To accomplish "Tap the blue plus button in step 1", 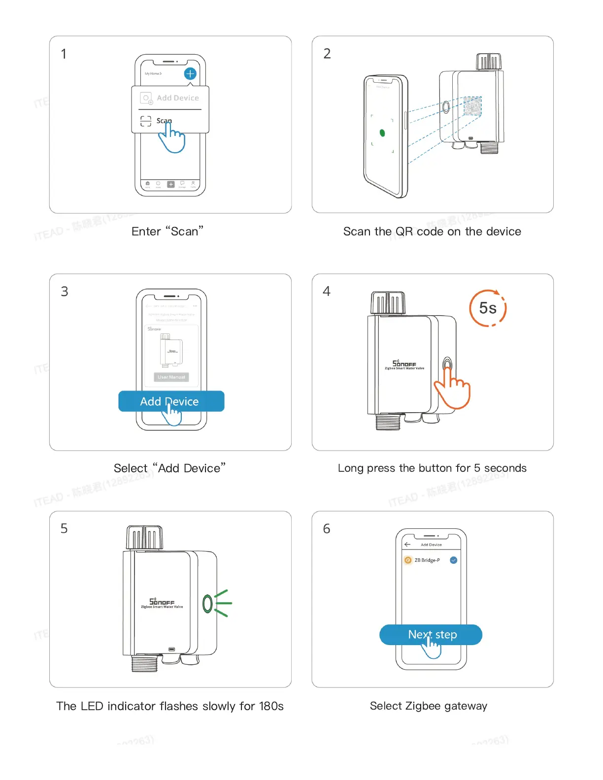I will (x=190, y=74).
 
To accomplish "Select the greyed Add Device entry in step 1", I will (x=177, y=98).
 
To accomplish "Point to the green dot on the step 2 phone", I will (x=382, y=133).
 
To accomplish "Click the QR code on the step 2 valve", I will (x=472, y=106).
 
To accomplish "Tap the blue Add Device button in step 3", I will (x=171, y=401).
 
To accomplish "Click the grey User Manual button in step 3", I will (x=171, y=377).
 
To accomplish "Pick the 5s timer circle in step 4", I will (x=488, y=308).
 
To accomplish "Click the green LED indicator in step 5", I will (x=207, y=604).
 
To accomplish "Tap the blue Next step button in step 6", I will (x=431, y=635).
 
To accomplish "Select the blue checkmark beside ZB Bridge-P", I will (x=454, y=560).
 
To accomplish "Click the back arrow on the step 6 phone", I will (x=407, y=545).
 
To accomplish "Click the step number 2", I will (x=327, y=54).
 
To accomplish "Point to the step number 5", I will (x=64, y=529).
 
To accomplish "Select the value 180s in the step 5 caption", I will (x=271, y=706).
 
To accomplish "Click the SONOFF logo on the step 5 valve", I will (x=162, y=602).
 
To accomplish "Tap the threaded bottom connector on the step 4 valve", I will (x=388, y=422).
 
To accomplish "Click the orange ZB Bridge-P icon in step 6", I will (x=408, y=560).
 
